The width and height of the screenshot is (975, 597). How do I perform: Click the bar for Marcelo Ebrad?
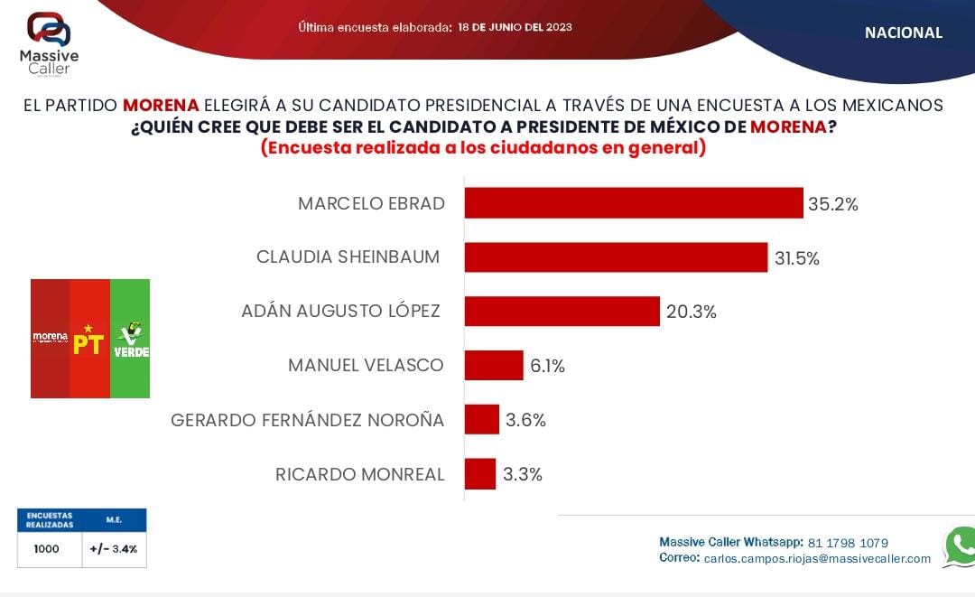pyautogui.click(x=633, y=203)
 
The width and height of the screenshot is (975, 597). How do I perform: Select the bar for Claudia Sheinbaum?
pyautogui.click(x=616, y=257)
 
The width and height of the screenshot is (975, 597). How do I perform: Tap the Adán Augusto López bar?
pyautogui.click(x=562, y=312)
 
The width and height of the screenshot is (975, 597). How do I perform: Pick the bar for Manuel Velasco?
pyautogui.click(x=494, y=366)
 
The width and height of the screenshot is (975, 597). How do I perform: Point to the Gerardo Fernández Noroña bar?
pyautogui.click(x=482, y=420)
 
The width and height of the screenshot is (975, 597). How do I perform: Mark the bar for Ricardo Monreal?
pyautogui.click(x=480, y=474)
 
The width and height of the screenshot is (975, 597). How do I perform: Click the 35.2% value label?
pyautogui.click(x=832, y=204)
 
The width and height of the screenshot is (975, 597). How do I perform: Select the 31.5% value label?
pyautogui.click(x=797, y=258)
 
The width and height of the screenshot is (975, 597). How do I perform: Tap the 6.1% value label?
pyautogui.click(x=547, y=366)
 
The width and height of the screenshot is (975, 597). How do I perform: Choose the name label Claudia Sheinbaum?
pyautogui.click(x=348, y=257)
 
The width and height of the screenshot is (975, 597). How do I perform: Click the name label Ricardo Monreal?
pyautogui.click(x=359, y=474)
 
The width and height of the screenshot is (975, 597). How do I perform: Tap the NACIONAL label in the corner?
pyautogui.click(x=903, y=33)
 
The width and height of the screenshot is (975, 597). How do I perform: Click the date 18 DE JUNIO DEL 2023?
pyautogui.click(x=515, y=27)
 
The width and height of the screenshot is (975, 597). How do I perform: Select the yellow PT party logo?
pyautogui.click(x=89, y=339)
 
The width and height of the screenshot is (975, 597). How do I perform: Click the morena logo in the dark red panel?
pyautogui.click(x=51, y=338)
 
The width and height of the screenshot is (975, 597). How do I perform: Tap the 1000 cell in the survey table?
pyautogui.click(x=47, y=549)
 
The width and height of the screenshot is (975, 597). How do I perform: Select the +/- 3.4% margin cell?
pyautogui.click(x=113, y=549)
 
